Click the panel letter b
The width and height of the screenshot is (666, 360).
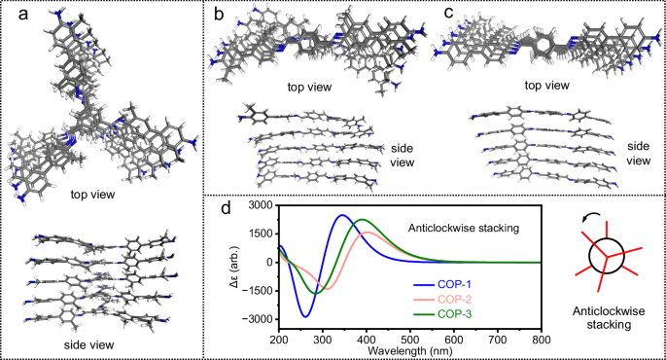pyautogui.click(x=220, y=14)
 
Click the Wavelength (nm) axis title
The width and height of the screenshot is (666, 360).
pyautogui.click(x=409, y=350)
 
